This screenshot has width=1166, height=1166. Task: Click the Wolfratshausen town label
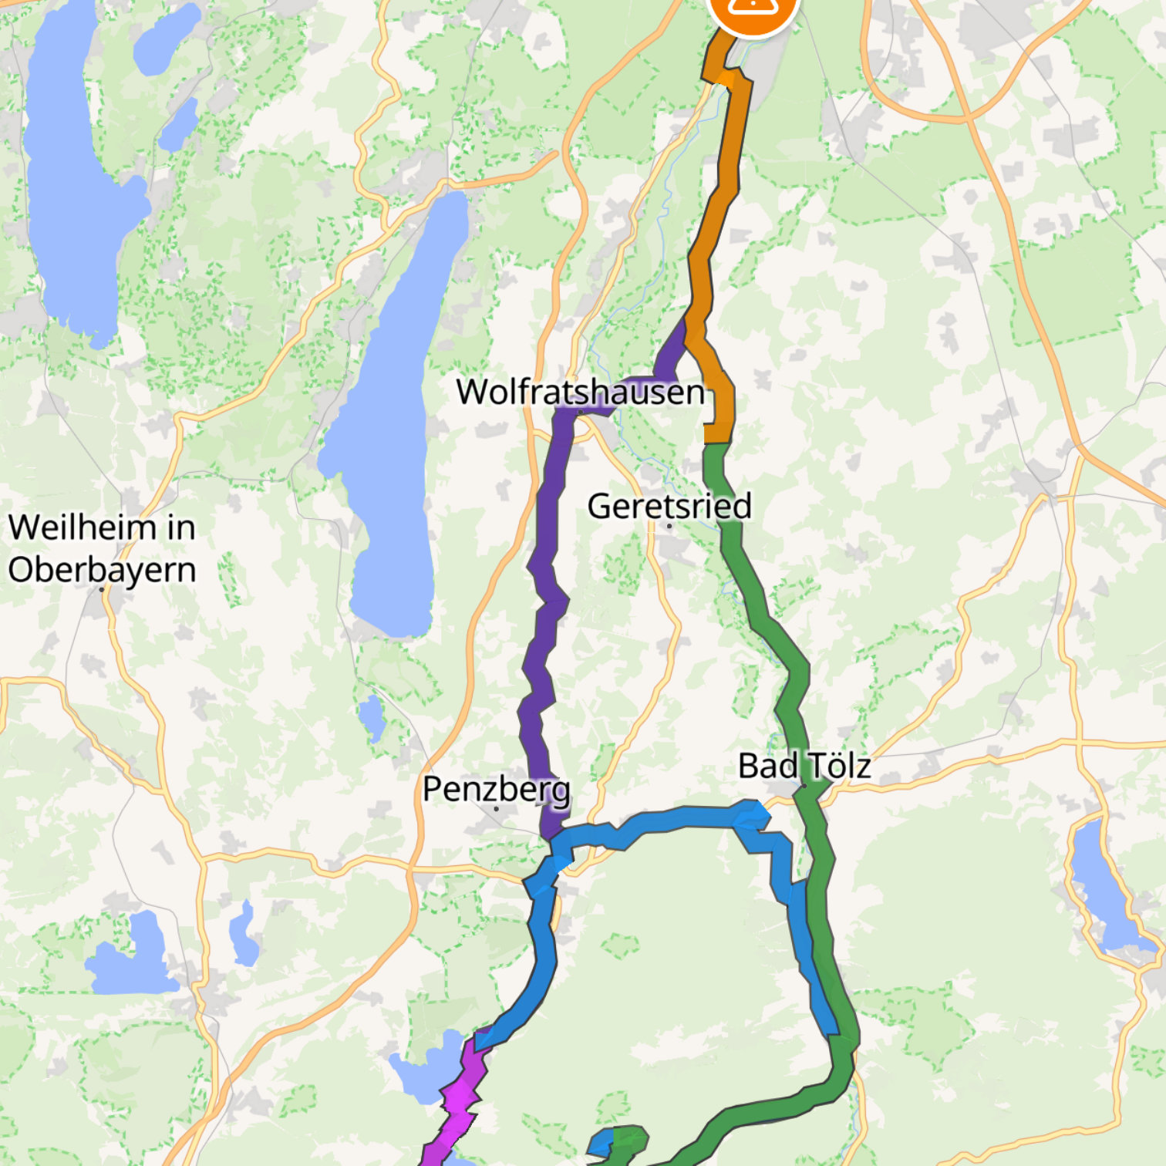580,392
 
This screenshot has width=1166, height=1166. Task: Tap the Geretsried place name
669,506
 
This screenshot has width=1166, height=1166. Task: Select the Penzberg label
496,789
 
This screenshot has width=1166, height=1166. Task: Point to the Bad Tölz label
804,766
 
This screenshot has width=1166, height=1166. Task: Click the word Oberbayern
102,571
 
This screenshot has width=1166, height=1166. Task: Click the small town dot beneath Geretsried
669,526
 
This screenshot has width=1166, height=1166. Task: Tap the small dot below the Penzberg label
496,808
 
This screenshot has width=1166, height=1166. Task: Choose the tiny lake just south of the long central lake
372,717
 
